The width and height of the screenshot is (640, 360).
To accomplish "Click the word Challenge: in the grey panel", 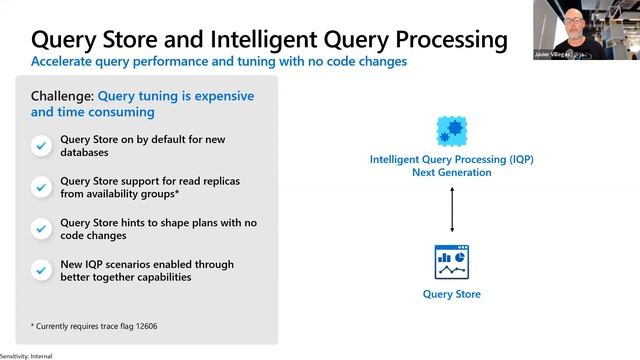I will point(61,96).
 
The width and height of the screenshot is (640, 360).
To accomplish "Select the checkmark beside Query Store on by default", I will point(41,146).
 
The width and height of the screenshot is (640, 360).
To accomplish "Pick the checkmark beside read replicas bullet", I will point(41,186).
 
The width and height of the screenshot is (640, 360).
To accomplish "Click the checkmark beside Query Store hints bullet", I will point(41,228).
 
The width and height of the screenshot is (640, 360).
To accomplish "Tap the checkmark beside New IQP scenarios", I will point(41,270).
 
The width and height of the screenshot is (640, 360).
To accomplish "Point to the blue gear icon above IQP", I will point(451,130).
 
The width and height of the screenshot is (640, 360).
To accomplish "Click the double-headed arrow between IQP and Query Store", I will point(452,209).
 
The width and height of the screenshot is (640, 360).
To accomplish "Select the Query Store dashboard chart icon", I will point(451,262).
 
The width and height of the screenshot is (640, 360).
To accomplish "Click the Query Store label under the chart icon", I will point(451,294).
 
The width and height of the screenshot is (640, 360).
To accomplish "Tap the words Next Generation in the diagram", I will point(452,172).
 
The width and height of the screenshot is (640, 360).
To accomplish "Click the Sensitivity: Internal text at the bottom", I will point(26,356).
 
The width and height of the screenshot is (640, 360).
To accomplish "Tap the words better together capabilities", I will point(126,277).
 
